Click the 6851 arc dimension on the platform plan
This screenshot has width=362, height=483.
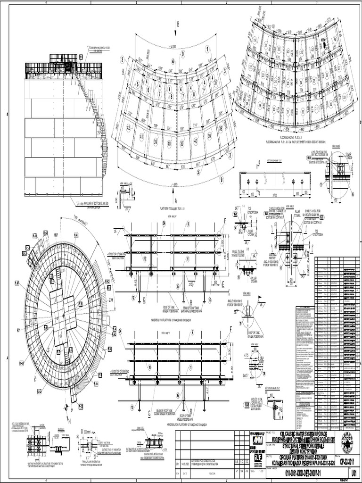pyautogui.click(x=176, y=184)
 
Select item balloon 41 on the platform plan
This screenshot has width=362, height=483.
pyautogui.click(x=140, y=137)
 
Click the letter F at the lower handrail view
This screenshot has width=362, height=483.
pyautogui.click(x=230, y=329)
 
